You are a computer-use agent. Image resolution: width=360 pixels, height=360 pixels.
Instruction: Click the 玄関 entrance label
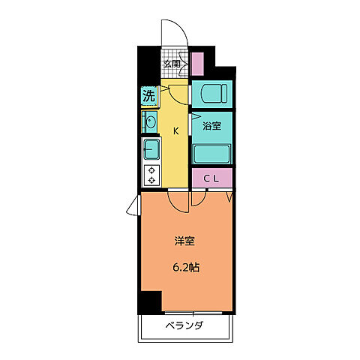point(172,64)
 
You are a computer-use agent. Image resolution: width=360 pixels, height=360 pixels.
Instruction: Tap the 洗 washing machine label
point(148,96)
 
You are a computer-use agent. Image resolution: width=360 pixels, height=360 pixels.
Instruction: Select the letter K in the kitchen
point(177,131)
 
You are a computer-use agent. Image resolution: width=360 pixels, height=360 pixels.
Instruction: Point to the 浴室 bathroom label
point(212,126)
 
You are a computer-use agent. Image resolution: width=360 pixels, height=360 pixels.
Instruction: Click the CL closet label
point(211,178)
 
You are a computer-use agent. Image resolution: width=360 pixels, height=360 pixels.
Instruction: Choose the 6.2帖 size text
point(187,267)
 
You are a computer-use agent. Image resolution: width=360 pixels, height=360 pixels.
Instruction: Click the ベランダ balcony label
point(184,326)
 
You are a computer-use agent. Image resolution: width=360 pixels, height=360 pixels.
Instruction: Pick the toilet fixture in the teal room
point(211,94)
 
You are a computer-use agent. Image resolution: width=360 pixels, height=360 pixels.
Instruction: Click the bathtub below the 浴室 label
point(211,153)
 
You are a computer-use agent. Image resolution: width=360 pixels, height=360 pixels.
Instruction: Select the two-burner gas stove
point(151,175)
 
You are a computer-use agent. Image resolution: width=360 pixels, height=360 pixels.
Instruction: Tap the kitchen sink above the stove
point(151,148)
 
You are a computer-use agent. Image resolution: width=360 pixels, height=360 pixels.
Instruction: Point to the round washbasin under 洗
point(149,121)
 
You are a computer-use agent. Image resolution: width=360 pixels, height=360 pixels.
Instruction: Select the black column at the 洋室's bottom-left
point(150,301)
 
